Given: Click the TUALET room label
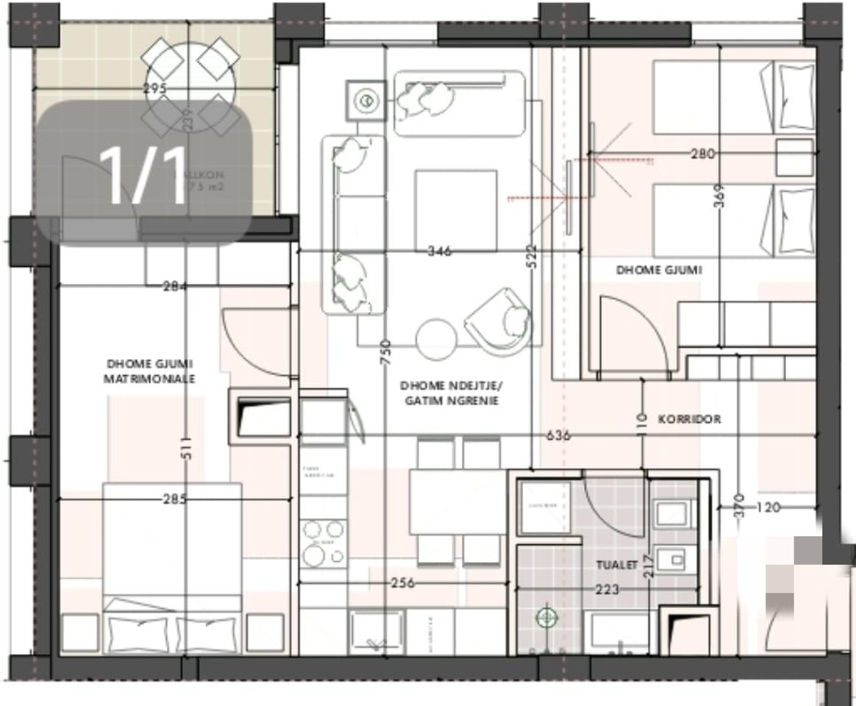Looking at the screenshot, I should point(616,566).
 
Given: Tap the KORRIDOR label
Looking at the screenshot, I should point(689,419).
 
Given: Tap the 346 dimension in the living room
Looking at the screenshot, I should point(440,252).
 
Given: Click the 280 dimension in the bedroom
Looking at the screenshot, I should point(704,154).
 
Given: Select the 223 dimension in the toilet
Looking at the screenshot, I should point(607,589).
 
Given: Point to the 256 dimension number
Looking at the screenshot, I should point(402,583).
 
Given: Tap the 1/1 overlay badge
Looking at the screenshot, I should point(144,174).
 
